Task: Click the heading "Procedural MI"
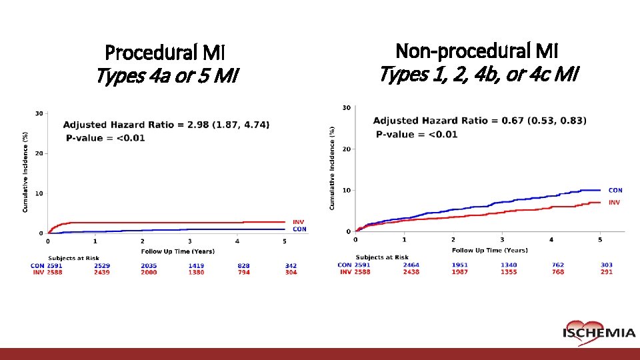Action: pyautogui.click(x=165, y=52)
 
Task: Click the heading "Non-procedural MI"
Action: pyautogui.click(x=477, y=50)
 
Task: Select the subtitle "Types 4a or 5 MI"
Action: pyautogui.click(x=166, y=77)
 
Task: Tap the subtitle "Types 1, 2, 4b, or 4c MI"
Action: pyautogui.click(x=478, y=74)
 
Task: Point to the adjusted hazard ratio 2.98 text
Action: pyautogui.click(x=167, y=125)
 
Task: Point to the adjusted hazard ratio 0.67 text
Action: pyautogui.click(x=479, y=121)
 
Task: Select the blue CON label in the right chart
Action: pyautogui.click(x=615, y=191)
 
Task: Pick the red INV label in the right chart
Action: pyautogui.click(x=614, y=202)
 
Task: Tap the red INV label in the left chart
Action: pyautogui.click(x=299, y=222)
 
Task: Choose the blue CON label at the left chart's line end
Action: pyautogui.click(x=299, y=229)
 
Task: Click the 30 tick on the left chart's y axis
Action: pyautogui.click(x=39, y=113)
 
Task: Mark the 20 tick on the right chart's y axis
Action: pyautogui.click(x=346, y=149)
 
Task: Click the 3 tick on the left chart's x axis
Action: pyautogui.click(x=190, y=241)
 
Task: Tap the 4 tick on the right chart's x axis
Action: pyautogui.click(x=551, y=239)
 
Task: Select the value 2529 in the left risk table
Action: pyautogui.click(x=102, y=265)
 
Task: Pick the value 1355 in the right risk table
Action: pyautogui.click(x=509, y=272)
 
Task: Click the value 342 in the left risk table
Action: pyautogui.click(x=291, y=265)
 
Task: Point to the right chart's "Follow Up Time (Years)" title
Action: pyautogui.click(x=489, y=250)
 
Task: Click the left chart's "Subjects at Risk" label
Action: pyautogui.click(x=74, y=258)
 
